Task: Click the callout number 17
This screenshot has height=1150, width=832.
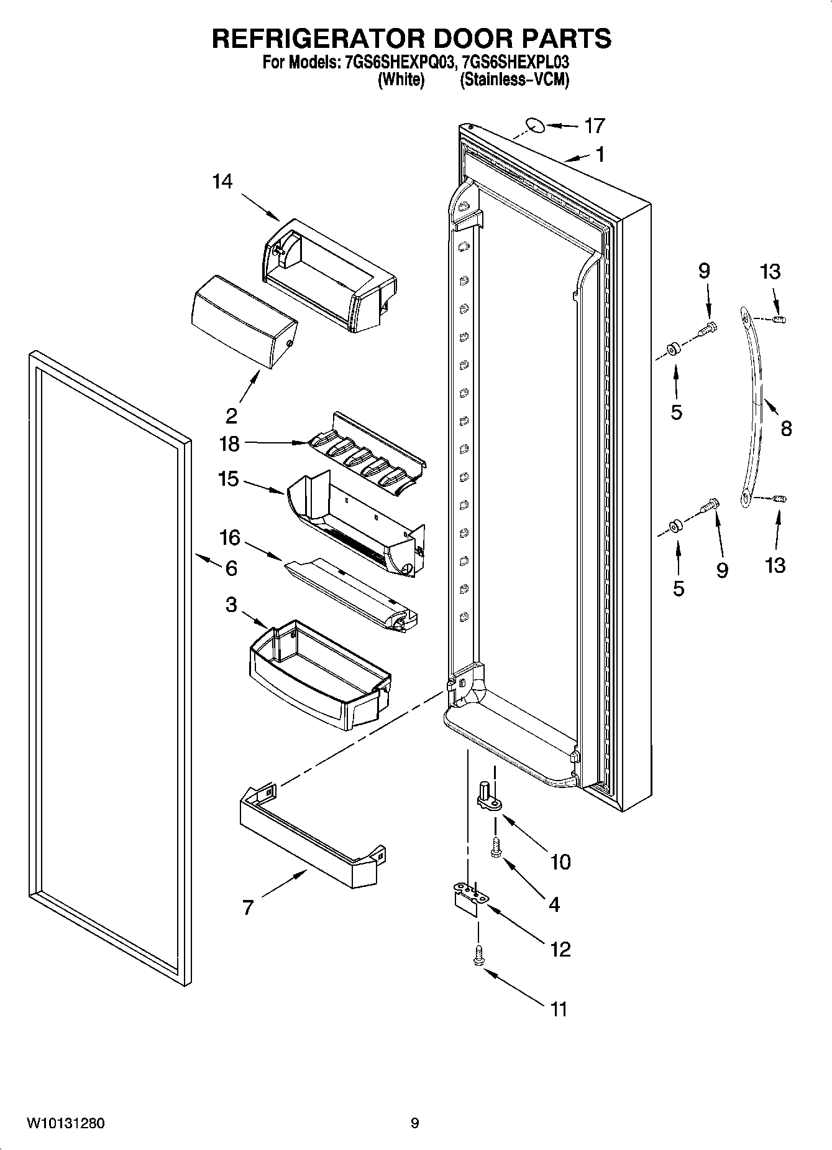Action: (594, 126)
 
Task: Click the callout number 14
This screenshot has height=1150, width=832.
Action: (222, 182)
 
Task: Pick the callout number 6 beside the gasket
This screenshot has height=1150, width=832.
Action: (231, 568)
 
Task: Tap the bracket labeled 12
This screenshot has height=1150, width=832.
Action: (468, 897)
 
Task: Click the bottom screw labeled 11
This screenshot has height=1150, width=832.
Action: (478, 955)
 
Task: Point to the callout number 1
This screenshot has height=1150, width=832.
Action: (600, 154)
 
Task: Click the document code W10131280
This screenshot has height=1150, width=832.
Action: (65, 1123)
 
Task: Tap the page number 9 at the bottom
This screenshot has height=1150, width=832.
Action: (414, 1123)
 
